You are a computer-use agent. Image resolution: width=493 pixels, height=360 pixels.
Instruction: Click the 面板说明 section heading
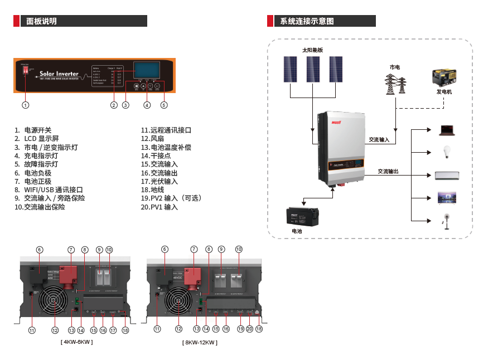coord(42,21)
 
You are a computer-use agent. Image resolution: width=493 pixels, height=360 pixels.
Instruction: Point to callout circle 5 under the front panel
coord(163,105)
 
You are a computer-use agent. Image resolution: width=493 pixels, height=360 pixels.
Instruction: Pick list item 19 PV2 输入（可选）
coord(171,198)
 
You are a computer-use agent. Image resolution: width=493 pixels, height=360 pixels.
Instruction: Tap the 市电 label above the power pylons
coord(395,67)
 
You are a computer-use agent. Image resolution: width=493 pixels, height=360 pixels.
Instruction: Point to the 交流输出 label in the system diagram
coord(388,171)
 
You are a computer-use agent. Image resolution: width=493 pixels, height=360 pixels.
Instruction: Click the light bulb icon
coord(446,152)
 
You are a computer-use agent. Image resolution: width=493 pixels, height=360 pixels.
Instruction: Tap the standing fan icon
coord(446,221)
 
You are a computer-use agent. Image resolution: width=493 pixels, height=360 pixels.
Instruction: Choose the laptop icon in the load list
coord(447,130)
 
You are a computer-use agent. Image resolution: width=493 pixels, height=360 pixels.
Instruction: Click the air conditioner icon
coord(447,176)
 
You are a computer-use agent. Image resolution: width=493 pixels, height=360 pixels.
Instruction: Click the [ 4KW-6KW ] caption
coord(76,341)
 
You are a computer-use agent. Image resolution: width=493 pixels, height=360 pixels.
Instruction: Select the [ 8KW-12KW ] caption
coord(199,342)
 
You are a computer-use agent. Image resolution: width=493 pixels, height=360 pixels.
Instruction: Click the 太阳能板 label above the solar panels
coord(312,50)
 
